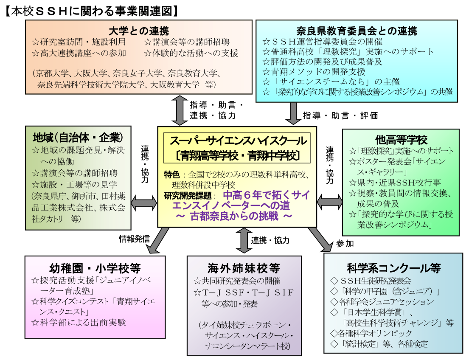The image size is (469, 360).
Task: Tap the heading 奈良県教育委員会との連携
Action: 357,31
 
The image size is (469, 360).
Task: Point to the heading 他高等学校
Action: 401,140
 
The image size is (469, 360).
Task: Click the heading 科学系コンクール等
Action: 393,268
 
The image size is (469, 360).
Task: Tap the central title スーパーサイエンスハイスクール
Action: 237,141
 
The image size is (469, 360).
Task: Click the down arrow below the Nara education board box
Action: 293,112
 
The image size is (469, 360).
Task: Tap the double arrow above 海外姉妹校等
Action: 244,241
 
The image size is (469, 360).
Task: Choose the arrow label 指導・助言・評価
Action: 340,115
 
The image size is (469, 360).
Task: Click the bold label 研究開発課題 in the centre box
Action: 189,196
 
